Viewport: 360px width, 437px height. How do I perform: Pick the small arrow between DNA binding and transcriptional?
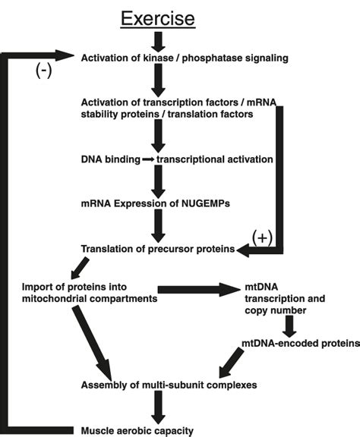[x=149, y=160]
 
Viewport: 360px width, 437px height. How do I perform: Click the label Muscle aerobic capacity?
[x=137, y=431]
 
